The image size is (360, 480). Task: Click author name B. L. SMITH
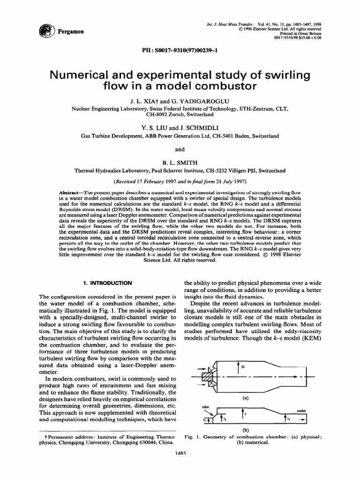pyautogui.click(x=180, y=162)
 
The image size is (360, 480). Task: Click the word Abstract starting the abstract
pyautogui.click(x=71, y=193)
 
